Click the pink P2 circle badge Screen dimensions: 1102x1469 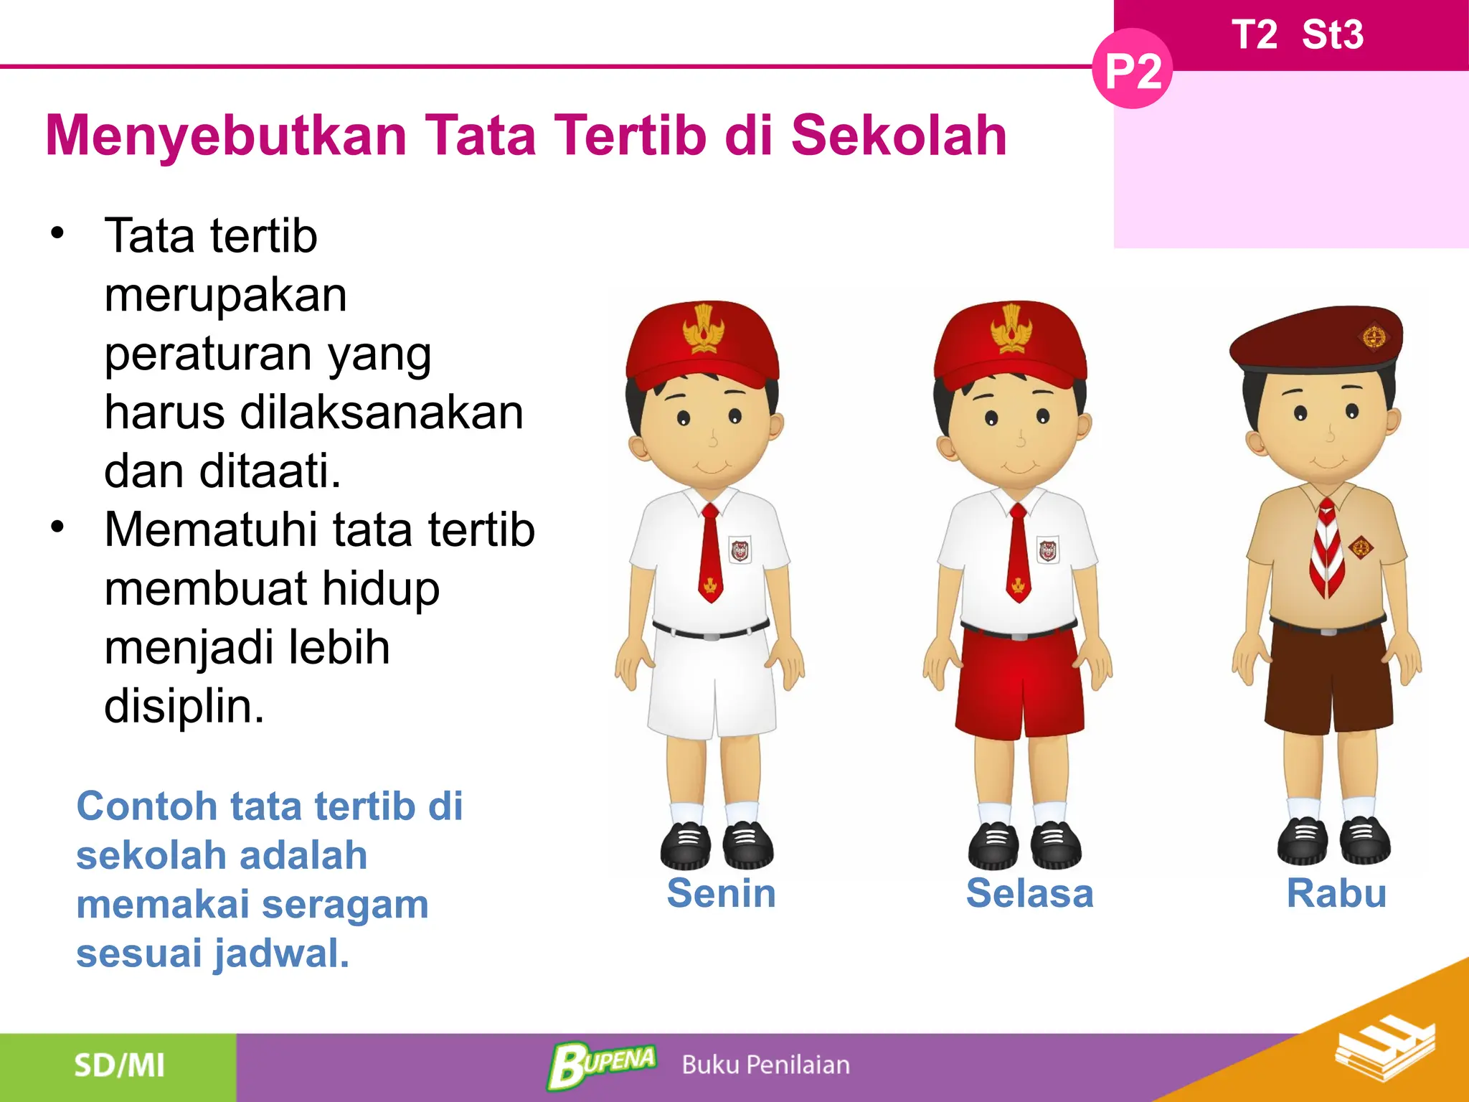coord(1132,70)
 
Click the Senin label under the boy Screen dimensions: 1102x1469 coord(721,893)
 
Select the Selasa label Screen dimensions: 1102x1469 coord(1029,893)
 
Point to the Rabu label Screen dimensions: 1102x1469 coord(1336,893)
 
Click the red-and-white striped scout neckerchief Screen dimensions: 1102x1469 coord(1326,549)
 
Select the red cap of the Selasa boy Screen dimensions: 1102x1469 coord(1011,344)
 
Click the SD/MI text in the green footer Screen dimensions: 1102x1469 coord(119,1065)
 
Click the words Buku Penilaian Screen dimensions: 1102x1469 coord(765,1065)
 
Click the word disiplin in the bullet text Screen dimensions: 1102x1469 coord(184,707)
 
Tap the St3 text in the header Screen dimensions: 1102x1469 coord(1332,34)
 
